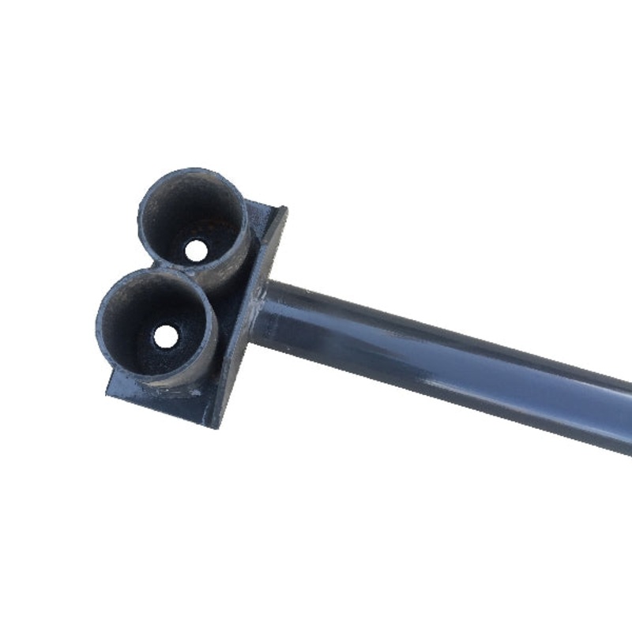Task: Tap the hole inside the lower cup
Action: point(164,336)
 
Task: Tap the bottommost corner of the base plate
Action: point(215,427)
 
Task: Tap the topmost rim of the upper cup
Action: point(194,169)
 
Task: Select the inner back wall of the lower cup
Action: point(154,296)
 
